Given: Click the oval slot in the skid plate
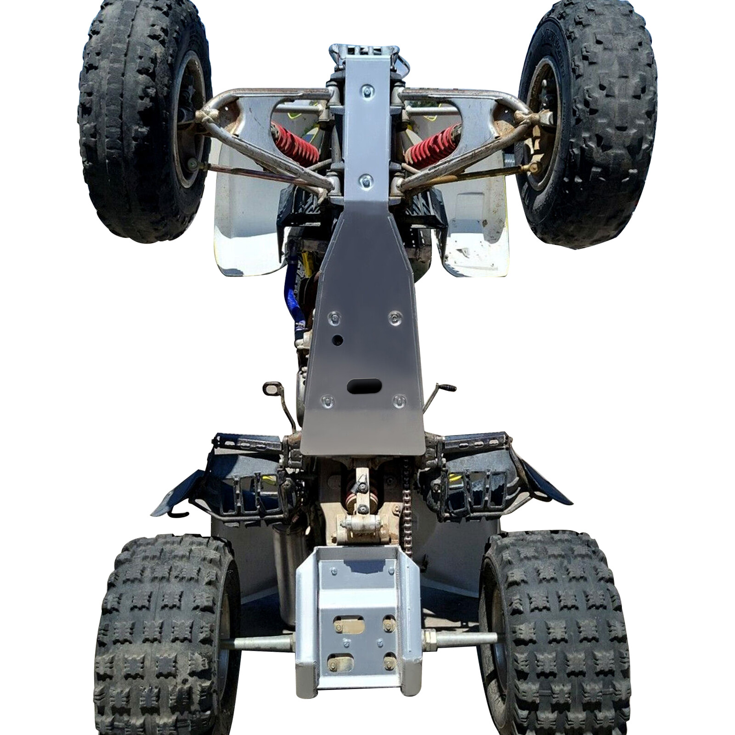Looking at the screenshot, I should click(364, 386).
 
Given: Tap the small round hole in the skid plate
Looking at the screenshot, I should click(338, 340).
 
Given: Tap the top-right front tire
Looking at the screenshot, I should click(593, 124).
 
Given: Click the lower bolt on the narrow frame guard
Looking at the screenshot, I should click(364, 179).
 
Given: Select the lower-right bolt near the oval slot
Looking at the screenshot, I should click(399, 400).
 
